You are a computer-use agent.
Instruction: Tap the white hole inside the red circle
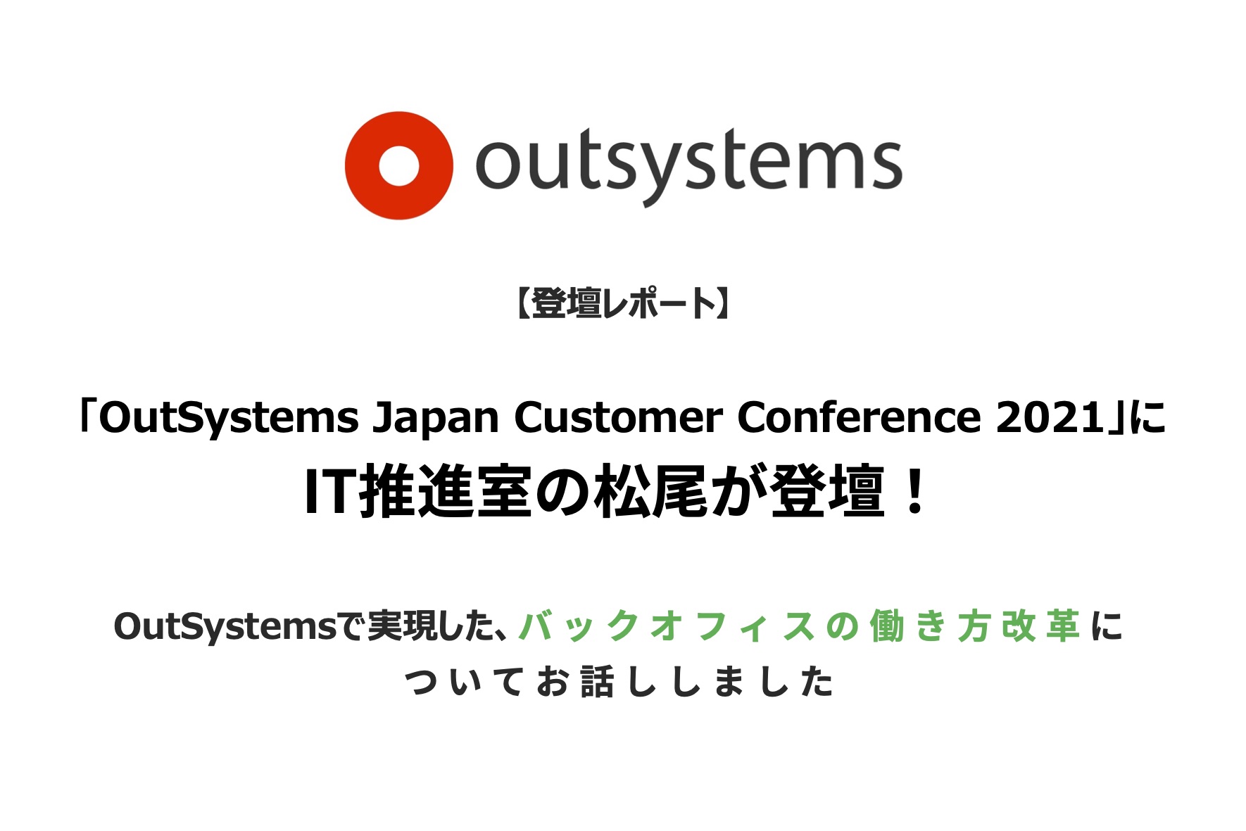pyautogui.click(x=398, y=166)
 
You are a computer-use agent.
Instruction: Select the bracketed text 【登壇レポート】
pyautogui.click(x=622, y=304)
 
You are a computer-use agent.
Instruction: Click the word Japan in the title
pyautogui.click(x=436, y=419)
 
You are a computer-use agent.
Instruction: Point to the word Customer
pyautogui.click(x=618, y=418)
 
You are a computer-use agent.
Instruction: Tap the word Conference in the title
pyautogui.click(x=859, y=418)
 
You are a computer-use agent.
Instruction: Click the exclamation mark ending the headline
pyautogui.click(x=915, y=493)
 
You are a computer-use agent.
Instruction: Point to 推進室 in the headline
pyautogui.click(x=446, y=493)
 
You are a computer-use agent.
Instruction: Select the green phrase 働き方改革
pyautogui.click(x=974, y=626)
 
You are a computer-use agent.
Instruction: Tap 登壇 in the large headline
pyautogui.click(x=827, y=493)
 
